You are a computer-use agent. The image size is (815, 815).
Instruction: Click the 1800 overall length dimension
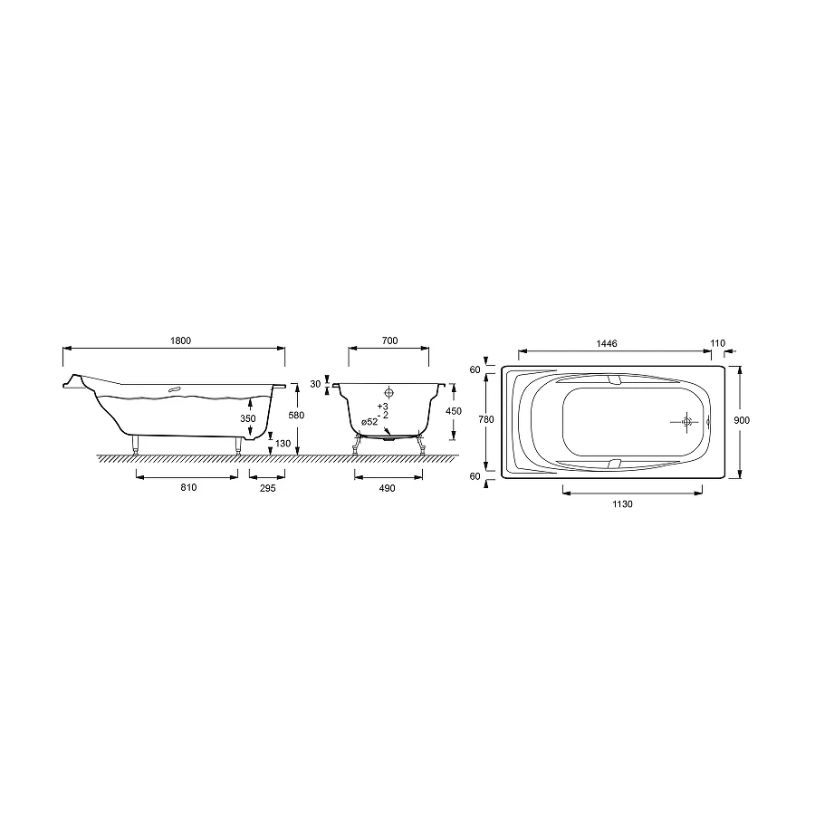(181, 340)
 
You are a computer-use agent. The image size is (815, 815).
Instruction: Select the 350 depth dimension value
(248, 418)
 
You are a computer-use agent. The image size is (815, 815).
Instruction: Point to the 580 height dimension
(294, 415)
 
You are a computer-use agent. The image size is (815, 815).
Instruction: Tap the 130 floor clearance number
(283, 444)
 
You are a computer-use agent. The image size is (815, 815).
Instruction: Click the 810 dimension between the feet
(187, 487)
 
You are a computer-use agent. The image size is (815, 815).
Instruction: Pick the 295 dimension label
(265, 487)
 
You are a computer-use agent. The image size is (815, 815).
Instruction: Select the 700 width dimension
(389, 340)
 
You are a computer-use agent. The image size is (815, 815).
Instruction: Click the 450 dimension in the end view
(454, 410)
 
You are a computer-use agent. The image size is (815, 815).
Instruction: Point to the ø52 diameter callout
(369, 422)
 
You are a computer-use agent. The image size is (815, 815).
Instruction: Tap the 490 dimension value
(388, 487)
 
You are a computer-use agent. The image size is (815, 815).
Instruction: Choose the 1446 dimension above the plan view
(607, 343)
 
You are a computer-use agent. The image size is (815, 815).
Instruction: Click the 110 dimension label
(718, 343)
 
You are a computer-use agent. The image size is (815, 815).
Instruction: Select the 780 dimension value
(486, 419)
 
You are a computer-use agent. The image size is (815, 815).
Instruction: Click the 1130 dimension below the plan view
(621, 504)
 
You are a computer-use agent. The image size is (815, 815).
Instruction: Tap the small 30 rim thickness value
(315, 384)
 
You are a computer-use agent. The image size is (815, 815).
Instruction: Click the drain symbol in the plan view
(687, 421)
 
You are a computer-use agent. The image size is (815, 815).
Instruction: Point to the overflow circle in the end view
(389, 394)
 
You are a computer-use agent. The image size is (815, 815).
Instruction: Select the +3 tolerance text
(382, 406)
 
